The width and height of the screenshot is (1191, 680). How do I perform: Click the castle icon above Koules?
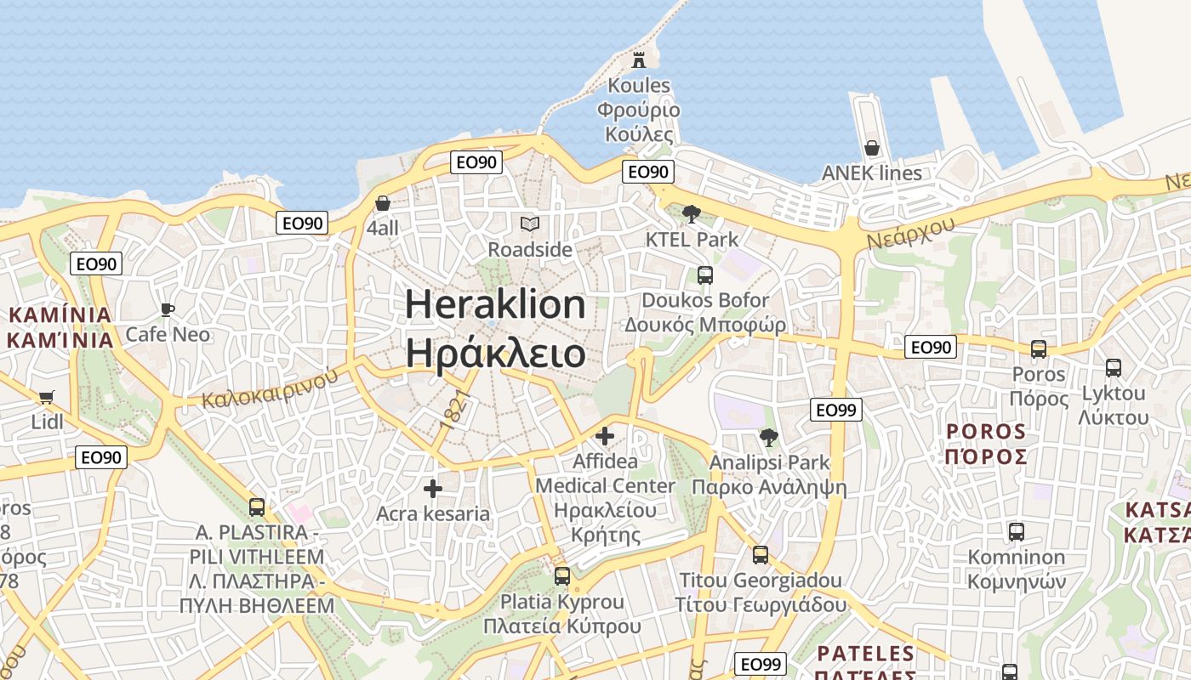click(639, 59)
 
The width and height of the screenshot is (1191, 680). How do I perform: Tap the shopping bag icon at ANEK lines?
click(872, 148)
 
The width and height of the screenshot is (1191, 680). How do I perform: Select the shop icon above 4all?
click(383, 203)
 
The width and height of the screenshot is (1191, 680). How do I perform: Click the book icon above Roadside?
click(530, 224)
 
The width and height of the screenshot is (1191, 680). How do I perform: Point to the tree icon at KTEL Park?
click(692, 214)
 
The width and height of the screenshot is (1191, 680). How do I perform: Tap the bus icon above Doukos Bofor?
click(704, 275)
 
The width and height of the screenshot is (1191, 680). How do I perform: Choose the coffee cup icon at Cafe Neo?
click(168, 309)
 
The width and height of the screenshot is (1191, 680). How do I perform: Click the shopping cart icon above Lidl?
click(47, 397)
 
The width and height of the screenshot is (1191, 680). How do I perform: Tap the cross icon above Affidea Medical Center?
click(605, 436)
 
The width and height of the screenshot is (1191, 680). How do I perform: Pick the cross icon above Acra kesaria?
click(433, 489)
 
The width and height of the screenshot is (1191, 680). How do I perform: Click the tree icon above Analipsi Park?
click(768, 438)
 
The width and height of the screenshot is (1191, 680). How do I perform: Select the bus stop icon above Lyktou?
click(1113, 368)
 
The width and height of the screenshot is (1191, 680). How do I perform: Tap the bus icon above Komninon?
click(1016, 532)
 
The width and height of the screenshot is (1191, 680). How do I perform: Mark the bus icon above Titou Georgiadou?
click(760, 555)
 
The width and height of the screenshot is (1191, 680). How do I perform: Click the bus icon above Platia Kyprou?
click(561, 576)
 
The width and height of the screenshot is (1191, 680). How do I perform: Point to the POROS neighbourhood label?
click(986, 432)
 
